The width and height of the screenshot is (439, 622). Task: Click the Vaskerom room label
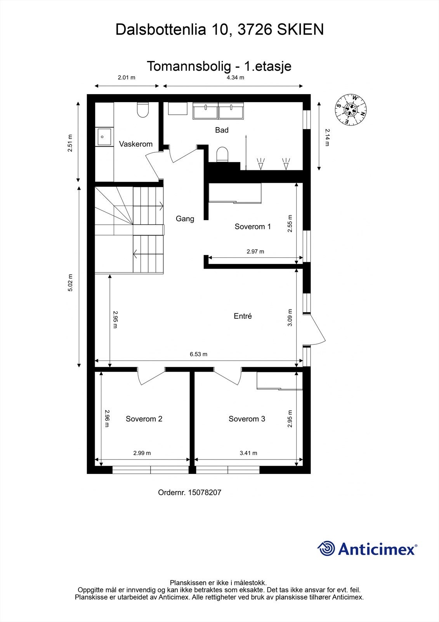[135, 144]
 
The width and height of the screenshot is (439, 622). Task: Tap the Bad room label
[222, 130]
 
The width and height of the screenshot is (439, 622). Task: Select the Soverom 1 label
[252, 227]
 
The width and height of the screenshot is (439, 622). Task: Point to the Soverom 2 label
[144, 419]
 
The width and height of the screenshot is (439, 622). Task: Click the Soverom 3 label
[246, 419]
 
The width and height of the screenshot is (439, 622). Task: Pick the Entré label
[243, 316]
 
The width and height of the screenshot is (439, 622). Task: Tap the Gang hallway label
[185, 219]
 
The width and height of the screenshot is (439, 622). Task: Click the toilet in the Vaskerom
[143, 110]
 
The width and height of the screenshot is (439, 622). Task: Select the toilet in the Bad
[222, 154]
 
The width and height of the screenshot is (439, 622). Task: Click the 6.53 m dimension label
[198, 354]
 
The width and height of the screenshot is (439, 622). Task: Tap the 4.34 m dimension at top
[235, 77]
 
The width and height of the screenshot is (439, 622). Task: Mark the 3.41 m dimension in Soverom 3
[248, 453]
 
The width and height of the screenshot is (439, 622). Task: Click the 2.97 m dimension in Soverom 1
[255, 252]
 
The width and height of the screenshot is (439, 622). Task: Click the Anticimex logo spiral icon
[326, 549]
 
